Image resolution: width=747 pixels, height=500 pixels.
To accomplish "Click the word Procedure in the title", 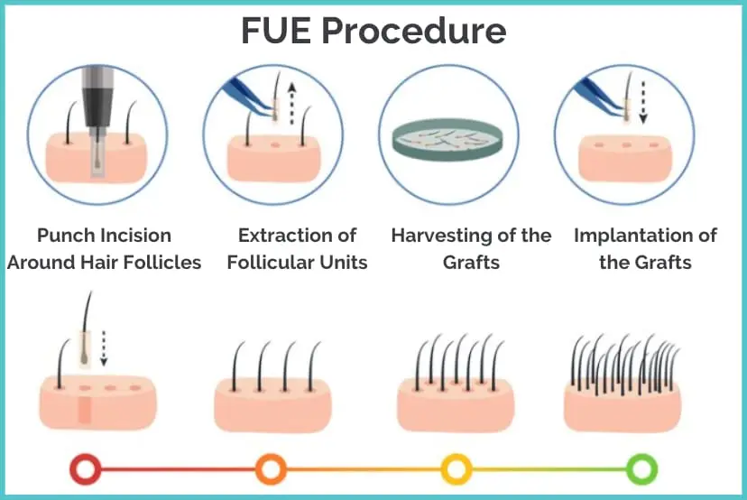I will coord(414,32).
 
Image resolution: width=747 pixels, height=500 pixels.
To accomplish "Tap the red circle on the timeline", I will coord(87,469).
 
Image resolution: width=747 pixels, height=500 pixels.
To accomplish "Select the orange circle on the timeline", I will coord(270,469).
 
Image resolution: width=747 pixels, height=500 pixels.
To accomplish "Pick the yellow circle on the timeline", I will coord(456,469).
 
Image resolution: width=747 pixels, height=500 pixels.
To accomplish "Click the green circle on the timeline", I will coord(641,469).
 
